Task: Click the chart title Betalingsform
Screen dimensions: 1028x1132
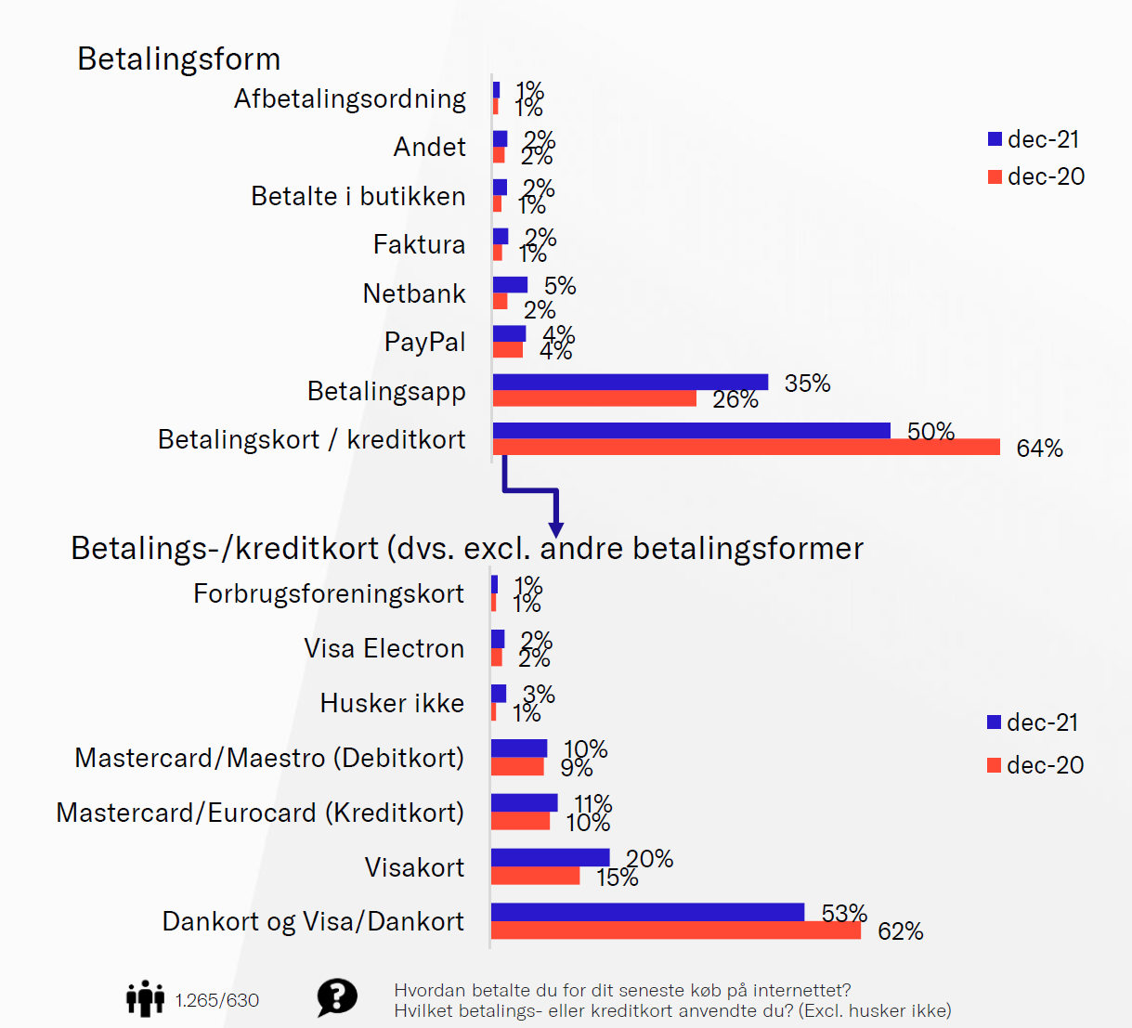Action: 178,59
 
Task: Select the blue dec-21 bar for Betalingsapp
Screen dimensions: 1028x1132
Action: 630,382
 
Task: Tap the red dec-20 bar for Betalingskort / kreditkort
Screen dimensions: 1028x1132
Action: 746,448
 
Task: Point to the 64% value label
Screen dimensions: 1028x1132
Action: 1039,449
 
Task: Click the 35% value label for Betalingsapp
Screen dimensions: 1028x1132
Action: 807,384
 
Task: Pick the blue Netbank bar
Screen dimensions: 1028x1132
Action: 510,285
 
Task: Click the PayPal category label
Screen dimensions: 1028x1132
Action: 424,343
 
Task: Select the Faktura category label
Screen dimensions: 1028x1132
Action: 419,245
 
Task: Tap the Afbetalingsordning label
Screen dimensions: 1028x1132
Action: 349,99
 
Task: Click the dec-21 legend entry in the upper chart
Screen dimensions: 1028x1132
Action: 1034,140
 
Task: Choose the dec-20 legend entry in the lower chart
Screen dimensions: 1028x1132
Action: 1034,765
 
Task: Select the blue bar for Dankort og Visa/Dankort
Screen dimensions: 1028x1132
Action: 647,912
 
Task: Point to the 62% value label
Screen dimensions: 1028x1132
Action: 900,931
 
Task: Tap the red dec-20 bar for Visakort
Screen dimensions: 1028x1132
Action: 535,876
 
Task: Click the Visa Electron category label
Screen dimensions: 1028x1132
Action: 384,649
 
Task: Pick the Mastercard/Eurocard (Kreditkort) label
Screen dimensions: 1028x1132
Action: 260,813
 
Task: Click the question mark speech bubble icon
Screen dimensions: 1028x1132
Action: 336,998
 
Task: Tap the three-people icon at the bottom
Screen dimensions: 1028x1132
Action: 145,999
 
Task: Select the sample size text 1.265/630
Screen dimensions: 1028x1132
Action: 217,1000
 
